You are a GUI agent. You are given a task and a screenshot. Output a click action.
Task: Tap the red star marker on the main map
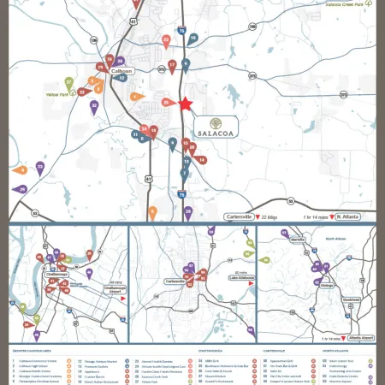pyautogui.click(x=185, y=104)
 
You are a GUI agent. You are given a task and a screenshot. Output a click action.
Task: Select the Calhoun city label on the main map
pyautogui.click(x=122, y=72)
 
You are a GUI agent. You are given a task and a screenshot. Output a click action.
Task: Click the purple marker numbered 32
pyautogui.click(x=94, y=106)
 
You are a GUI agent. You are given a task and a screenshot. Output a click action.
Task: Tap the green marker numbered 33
pyautogui.click(x=40, y=165)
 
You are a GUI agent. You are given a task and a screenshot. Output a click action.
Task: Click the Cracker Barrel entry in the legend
pyautogui.click(x=86, y=374)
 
